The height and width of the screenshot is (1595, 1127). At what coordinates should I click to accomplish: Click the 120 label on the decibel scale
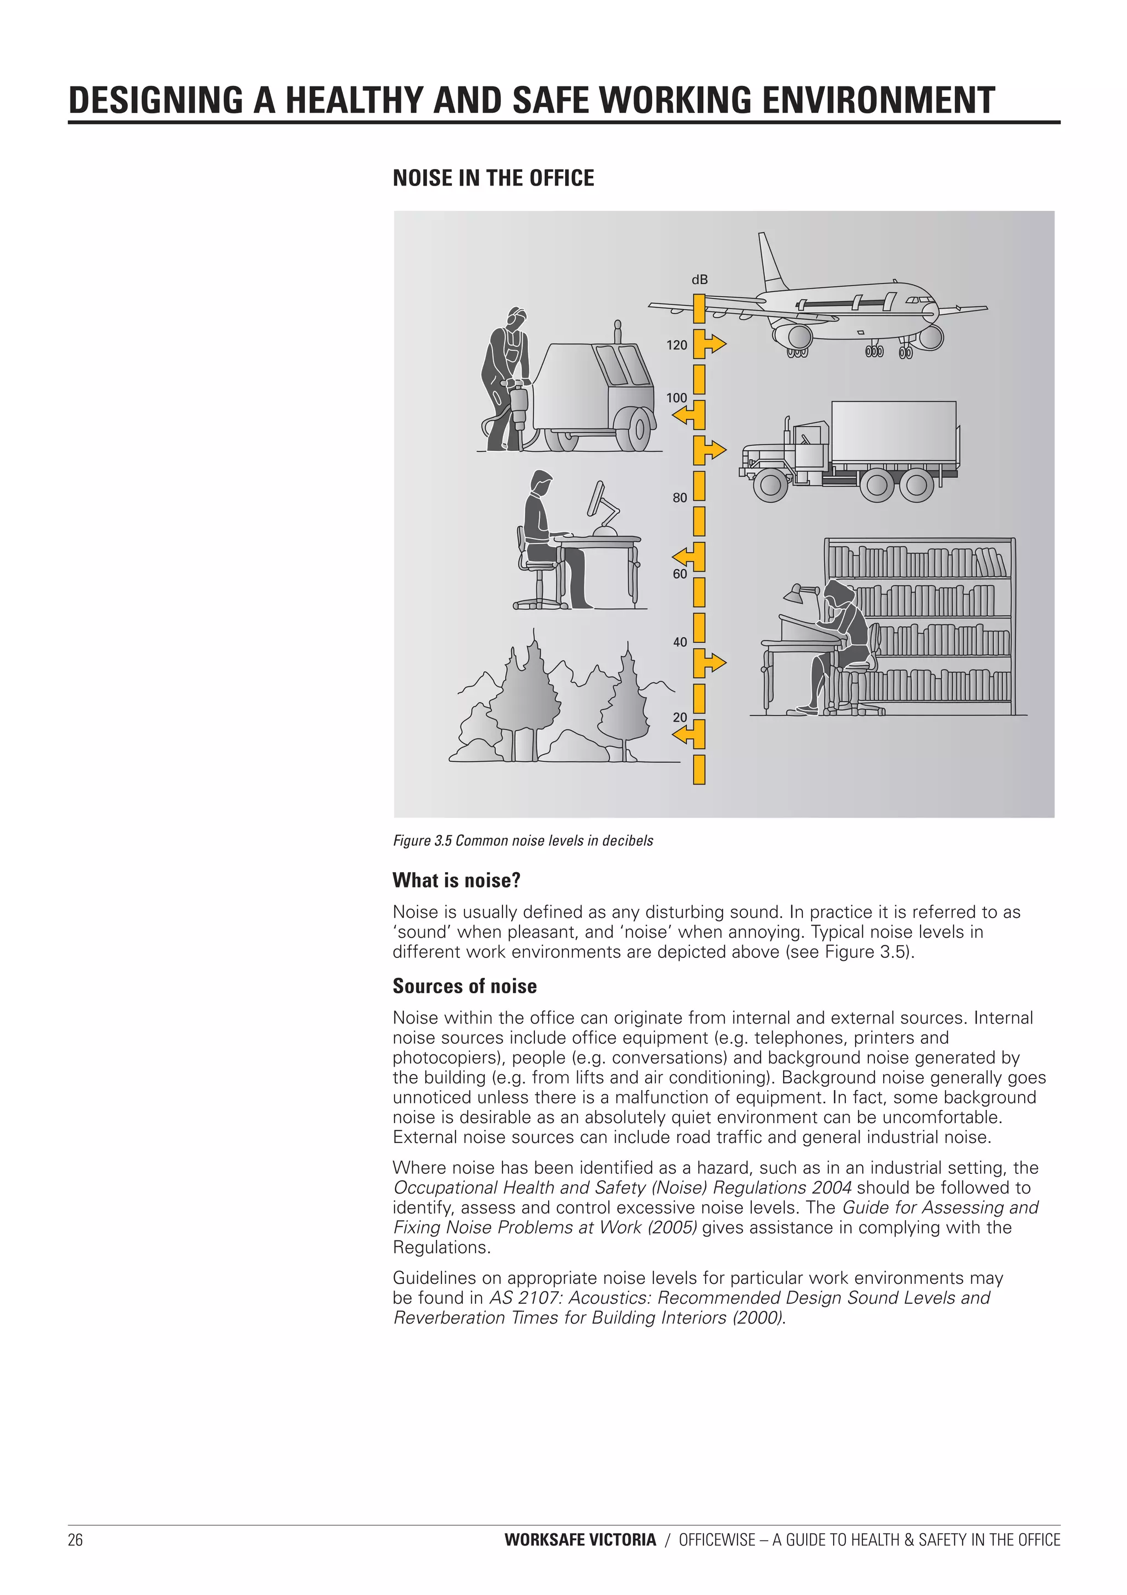676,345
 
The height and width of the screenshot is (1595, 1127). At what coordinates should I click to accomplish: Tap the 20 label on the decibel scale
679,717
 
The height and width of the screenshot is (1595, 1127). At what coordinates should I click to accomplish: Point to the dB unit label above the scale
699,280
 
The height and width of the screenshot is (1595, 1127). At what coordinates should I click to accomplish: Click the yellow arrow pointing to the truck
713,450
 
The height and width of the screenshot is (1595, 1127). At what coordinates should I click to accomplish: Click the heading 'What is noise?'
456,880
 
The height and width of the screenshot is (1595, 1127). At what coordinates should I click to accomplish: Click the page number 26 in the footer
75,1540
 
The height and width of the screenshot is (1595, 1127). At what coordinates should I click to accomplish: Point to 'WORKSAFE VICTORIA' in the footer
580,1540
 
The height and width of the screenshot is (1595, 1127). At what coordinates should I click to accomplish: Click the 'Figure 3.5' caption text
523,841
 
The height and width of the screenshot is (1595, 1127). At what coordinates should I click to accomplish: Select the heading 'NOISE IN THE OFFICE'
493,178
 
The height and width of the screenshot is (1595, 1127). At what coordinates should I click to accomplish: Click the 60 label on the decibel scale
679,574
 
